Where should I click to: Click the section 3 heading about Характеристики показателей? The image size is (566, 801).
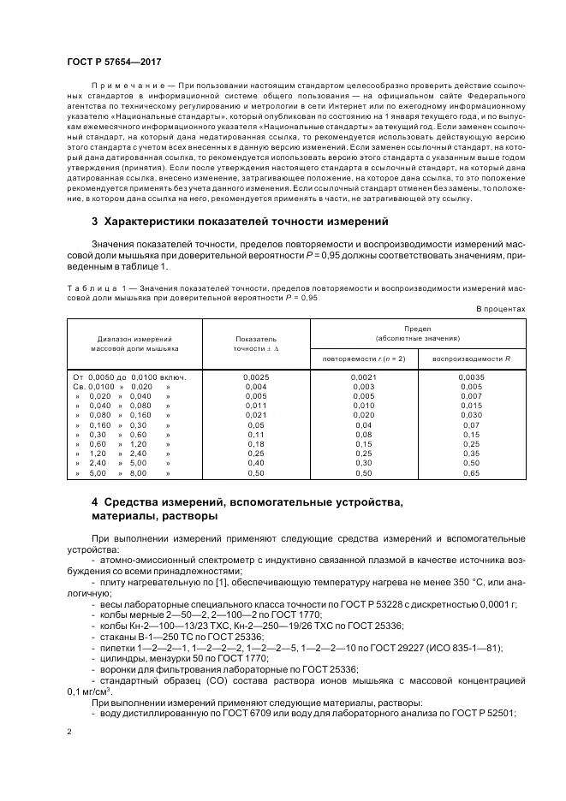239,222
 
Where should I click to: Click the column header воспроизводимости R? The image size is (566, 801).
471,359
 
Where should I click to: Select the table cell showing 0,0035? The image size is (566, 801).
471,377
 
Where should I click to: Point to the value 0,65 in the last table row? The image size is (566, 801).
471,472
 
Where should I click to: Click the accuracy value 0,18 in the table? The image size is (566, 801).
255,444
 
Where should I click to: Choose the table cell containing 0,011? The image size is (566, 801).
255,406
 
